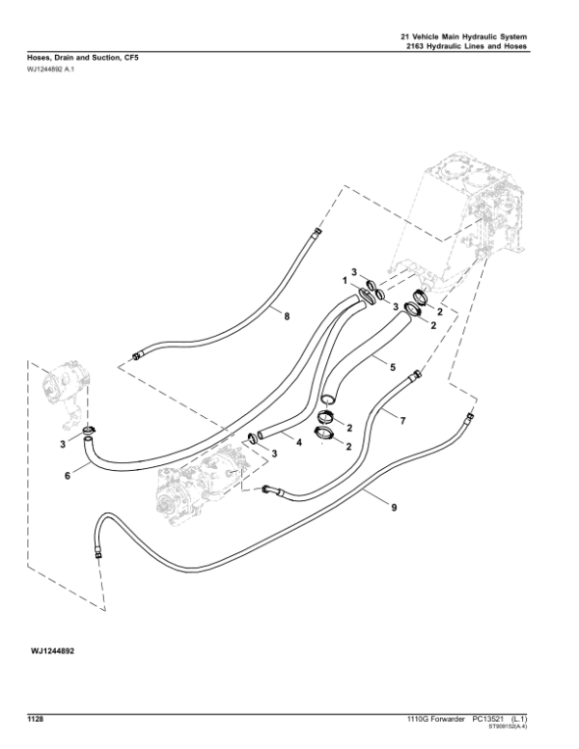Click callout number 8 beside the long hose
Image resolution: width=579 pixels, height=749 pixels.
[287, 316]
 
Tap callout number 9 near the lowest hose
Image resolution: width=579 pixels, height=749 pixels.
[394, 508]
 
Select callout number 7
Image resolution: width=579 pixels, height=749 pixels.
[403, 421]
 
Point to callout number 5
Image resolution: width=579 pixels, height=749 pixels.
[393, 367]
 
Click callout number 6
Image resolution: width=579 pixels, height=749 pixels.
[68, 476]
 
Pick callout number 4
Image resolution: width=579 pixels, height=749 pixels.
[299, 443]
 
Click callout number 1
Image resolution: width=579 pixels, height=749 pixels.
[345, 281]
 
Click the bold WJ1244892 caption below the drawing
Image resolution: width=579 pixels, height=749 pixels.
[52, 652]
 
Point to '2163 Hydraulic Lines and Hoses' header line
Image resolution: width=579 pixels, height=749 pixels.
[466, 46]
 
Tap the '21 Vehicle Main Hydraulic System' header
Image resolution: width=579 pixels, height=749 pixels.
[464, 37]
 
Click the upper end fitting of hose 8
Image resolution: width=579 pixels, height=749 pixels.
[317, 233]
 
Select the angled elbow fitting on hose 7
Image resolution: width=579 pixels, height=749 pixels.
[271, 490]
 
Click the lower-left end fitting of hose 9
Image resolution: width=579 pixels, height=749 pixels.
[97, 554]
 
